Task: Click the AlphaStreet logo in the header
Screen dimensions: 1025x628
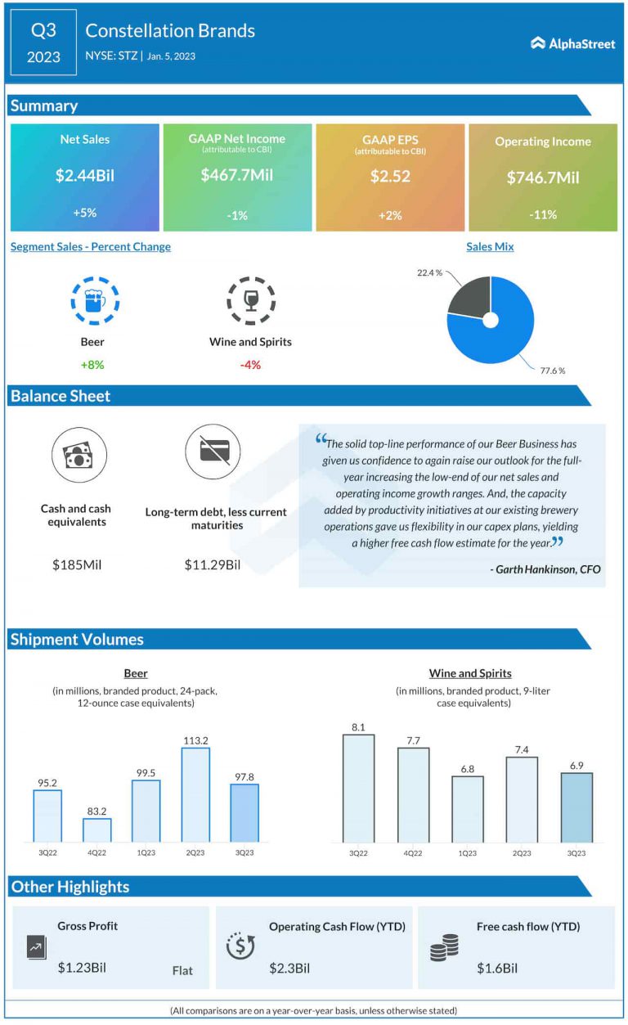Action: point(572,43)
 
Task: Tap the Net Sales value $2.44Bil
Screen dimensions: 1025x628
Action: point(85,175)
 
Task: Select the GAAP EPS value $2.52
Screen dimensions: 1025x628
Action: point(389,175)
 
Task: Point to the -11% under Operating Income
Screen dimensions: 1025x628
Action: point(542,214)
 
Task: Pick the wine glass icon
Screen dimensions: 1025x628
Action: point(250,300)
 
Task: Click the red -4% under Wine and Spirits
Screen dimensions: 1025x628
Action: point(250,365)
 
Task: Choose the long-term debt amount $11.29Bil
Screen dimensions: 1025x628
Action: point(213,564)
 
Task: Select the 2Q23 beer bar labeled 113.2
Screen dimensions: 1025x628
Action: point(195,794)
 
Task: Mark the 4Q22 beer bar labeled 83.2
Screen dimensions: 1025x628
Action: point(96,829)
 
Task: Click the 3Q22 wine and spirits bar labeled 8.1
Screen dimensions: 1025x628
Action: point(358,788)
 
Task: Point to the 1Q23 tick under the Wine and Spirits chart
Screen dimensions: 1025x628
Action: point(467,853)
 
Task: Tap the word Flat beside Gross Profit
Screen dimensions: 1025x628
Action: point(182,970)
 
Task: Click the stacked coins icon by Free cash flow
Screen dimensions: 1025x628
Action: point(444,947)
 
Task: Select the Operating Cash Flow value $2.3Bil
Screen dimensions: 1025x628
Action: point(289,969)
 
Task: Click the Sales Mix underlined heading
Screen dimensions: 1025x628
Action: point(490,246)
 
